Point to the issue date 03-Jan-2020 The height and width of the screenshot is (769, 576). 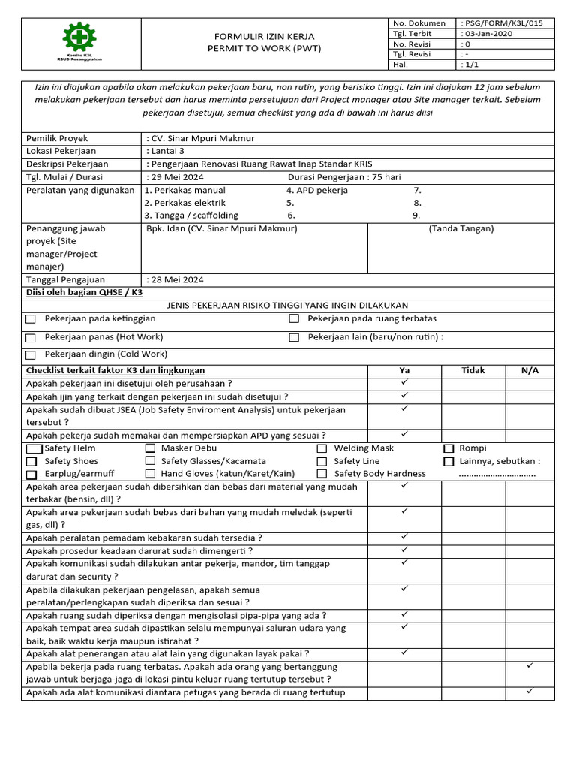click(490, 34)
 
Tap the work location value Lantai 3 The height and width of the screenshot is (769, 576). click(169, 151)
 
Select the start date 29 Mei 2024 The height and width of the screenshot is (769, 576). click(177, 177)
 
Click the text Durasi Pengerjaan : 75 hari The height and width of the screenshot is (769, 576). click(344, 177)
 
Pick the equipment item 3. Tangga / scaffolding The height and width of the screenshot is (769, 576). click(190, 216)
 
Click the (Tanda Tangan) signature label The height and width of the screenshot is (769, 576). click(461, 228)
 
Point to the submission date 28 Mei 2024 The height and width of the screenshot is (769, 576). click(177, 279)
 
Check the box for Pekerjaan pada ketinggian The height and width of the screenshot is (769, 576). click(31, 319)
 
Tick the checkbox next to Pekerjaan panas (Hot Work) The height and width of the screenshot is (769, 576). click(31, 338)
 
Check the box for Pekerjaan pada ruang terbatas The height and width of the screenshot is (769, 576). click(294, 319)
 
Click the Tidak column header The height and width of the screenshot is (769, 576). click(472, 370)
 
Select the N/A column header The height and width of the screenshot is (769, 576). click(529, 370)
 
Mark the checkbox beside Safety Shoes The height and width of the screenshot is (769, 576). click(31, 462)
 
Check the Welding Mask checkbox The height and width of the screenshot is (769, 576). click(322, 449)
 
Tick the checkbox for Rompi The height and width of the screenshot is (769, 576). click(448, 449)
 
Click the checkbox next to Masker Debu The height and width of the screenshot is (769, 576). click(150, 449)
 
